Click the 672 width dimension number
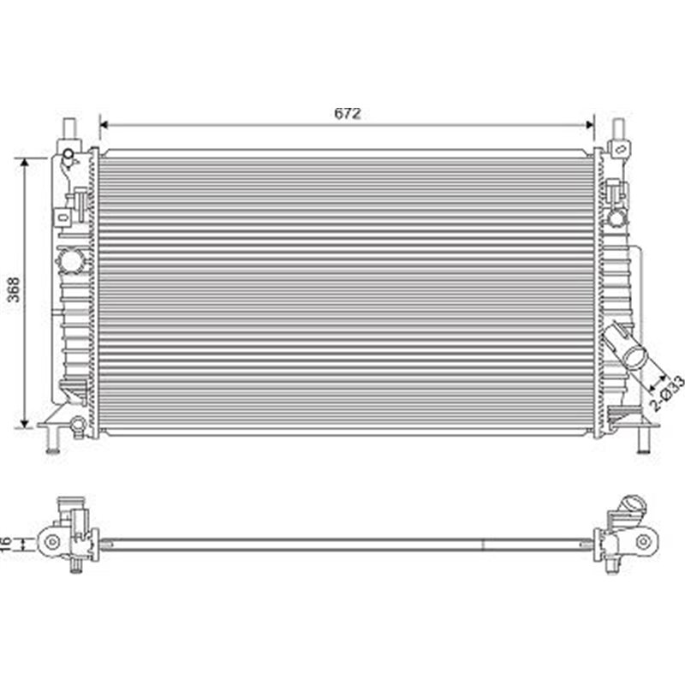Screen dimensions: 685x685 point(347,113)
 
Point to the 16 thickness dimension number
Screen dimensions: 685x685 point(7,542)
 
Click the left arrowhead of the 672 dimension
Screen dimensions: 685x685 point(104,125)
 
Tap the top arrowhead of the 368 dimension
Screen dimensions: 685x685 point(26,163)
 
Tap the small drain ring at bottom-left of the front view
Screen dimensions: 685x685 point(78,423)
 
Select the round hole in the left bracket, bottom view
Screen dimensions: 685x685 point(52,541)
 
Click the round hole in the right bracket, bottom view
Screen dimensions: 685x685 point(643,541)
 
